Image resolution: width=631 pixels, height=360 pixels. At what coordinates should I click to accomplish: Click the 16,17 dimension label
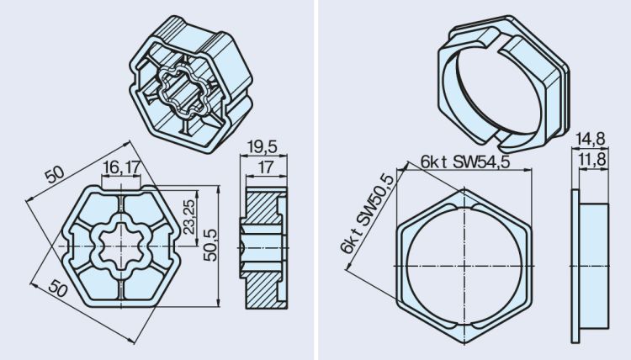[x=122, y=167]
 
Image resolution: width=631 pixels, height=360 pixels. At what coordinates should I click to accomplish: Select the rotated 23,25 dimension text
[x=191, y=216]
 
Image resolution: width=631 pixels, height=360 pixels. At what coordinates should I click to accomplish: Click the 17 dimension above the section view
[x=265, y=167]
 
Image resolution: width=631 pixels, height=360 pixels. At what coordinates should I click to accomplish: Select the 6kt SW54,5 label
[x=467, y=161]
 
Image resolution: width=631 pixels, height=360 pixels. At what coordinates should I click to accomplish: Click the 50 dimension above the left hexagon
[x=54, y=174]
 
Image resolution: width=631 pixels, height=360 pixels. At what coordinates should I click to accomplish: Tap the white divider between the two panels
[x=315, y=180]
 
